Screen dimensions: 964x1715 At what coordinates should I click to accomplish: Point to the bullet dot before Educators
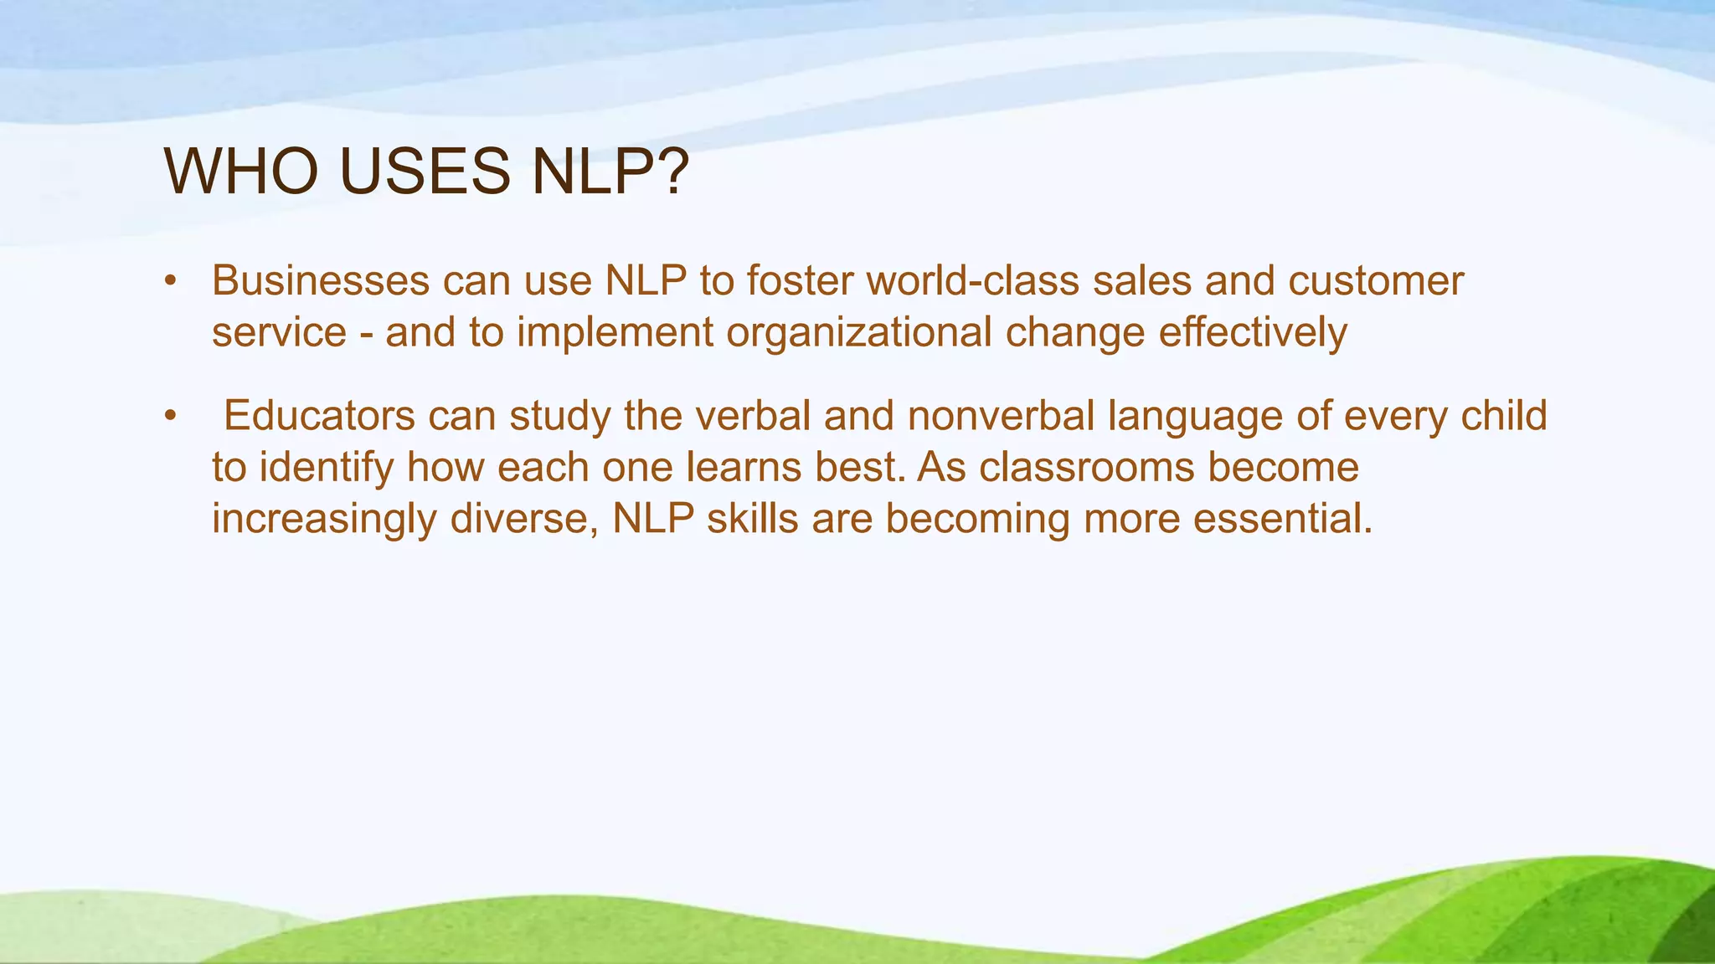click(x=171, y=416)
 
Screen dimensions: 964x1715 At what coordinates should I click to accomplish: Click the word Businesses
click(x=320, y=280)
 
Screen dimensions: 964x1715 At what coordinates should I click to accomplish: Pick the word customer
click(x=1376, y=280)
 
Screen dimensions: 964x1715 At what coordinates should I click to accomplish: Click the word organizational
click(x=859, y=332)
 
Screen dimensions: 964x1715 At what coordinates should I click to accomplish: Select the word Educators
click(x=319, y=416)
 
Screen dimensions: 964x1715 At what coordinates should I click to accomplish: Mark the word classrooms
click(x=1086, y=468)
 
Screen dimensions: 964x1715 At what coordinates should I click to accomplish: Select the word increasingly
click(x=324, y=520)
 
